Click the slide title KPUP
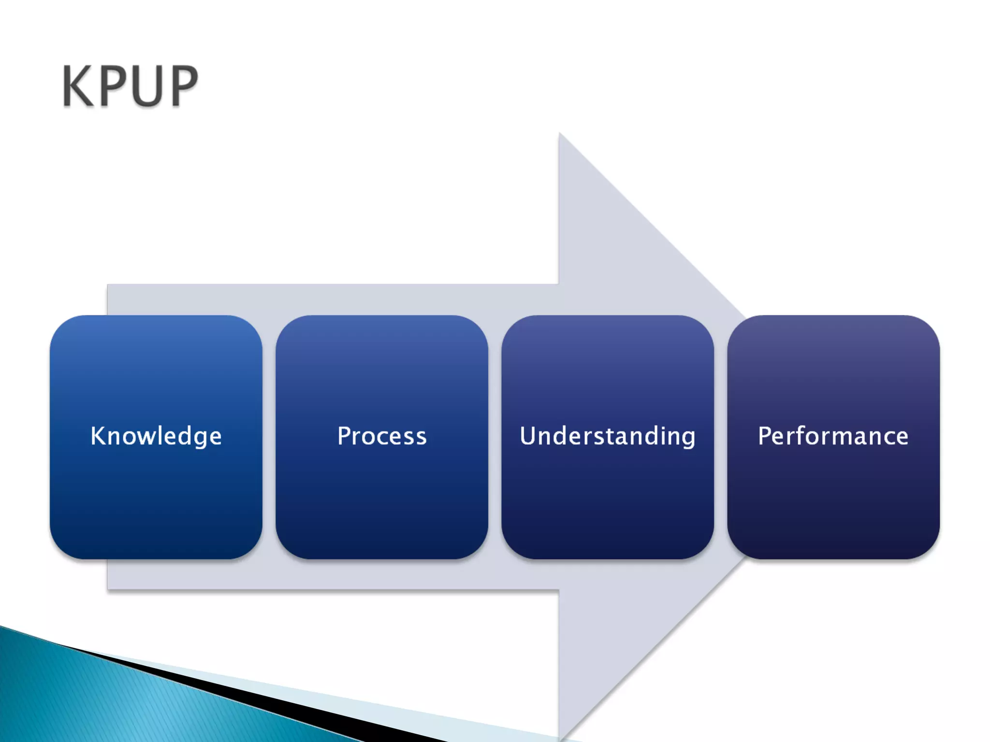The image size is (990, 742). (130, 86)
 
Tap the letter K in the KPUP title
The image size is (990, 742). (77, 86)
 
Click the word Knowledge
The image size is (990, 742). (156, 436)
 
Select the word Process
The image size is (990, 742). (382, 436)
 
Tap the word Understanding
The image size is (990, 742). (608, 436)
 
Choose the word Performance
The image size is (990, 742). (833, 436)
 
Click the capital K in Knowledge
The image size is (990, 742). (98, 436)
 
